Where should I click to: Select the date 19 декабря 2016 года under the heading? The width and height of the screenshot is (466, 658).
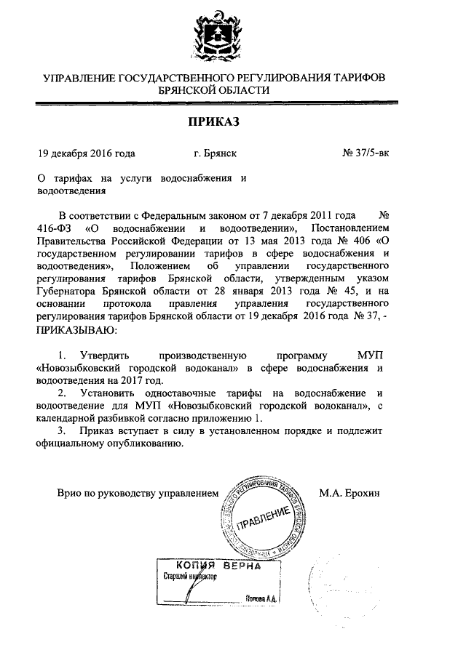click(x=87, y=153)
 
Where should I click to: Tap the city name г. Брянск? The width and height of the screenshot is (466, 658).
click(x=215, y=153)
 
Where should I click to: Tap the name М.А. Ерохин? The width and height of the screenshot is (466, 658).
click(x=349, y=493)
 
